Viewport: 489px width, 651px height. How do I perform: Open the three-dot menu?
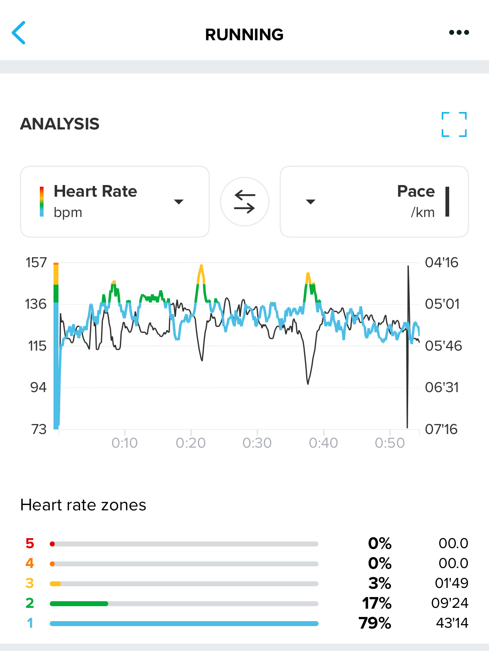459,32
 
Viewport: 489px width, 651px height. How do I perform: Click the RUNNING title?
244,35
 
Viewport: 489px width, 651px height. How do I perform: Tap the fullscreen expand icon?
454,124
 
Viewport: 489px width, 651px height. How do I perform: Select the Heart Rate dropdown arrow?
179,202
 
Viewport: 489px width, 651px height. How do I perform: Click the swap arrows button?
245,202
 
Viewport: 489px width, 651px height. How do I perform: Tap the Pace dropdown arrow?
311,202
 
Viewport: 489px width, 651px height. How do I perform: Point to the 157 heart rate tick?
36,263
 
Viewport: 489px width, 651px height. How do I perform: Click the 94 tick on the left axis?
38,388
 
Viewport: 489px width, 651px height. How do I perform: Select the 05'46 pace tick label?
443,346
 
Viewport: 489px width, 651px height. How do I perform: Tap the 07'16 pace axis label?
441,429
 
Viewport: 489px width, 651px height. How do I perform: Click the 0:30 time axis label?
257,443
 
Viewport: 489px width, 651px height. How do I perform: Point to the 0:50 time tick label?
390,443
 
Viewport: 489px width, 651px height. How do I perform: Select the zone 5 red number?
30,544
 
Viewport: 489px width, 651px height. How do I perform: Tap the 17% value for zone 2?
377,603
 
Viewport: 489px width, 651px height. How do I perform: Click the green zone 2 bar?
79,604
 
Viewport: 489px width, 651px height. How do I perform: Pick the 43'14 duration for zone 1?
452,623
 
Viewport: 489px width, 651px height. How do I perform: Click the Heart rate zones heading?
83,505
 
